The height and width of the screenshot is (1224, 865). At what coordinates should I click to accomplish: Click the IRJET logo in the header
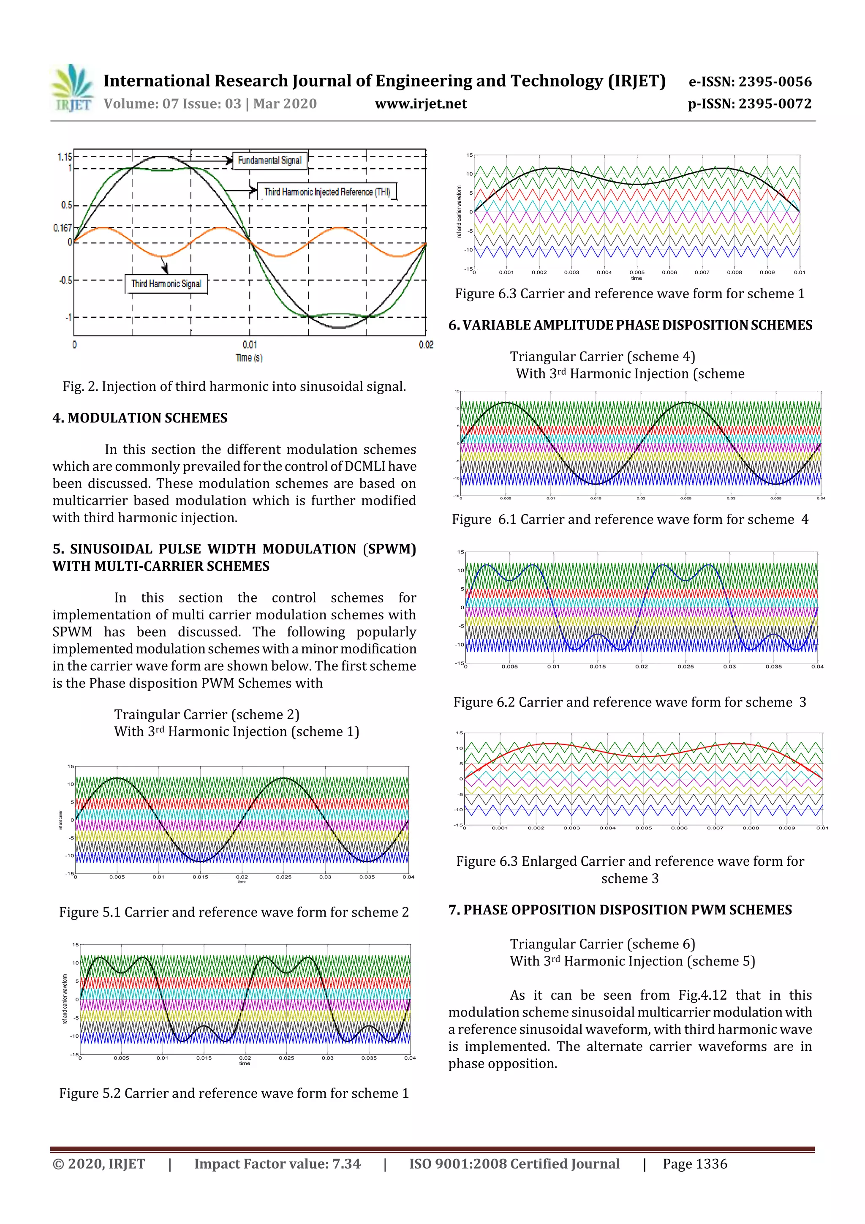pyautogui.click(x=73, y=88)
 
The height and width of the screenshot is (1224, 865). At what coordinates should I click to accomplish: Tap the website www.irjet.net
pyautogui.click(x=421, y=104)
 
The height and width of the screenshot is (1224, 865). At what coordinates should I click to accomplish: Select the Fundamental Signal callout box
pyautogui.click(x=270, y=161)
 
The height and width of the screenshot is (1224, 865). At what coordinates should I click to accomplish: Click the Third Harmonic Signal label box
pyautogui.click(x=166, y=284)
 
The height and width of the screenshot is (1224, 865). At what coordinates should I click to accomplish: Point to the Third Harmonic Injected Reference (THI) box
pyautogui.click(x=327, y=192)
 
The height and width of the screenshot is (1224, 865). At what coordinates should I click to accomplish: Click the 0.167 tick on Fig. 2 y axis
pyautogui.click(x=63, y=228)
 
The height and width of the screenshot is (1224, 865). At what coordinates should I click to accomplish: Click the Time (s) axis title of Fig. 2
pyautogui.click(x=249, y=358)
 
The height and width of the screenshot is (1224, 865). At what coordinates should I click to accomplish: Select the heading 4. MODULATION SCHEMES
pyautogui.click(x=140, y=418)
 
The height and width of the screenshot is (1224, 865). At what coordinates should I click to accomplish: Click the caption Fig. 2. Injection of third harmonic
pyautogui.click(x=234, y=387)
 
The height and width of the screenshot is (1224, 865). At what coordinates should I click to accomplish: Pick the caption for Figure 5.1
pyautogui.click(x=234, y=912)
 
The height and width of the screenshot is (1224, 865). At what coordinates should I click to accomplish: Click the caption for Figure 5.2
pyautogui.click(x=234, y=1093)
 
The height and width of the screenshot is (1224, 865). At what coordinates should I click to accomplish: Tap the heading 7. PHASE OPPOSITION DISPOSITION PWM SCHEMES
pyautogui.click(x=620, y=910)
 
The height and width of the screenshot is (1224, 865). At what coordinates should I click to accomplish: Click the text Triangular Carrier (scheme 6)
pyautogui.click(x=602, y=944)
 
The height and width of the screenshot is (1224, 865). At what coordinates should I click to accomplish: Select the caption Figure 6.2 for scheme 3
pyautogui.click(x=629, y=702)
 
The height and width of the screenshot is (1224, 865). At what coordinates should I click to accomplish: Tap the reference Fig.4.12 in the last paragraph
pyautogui.click(x=702, y=995)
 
